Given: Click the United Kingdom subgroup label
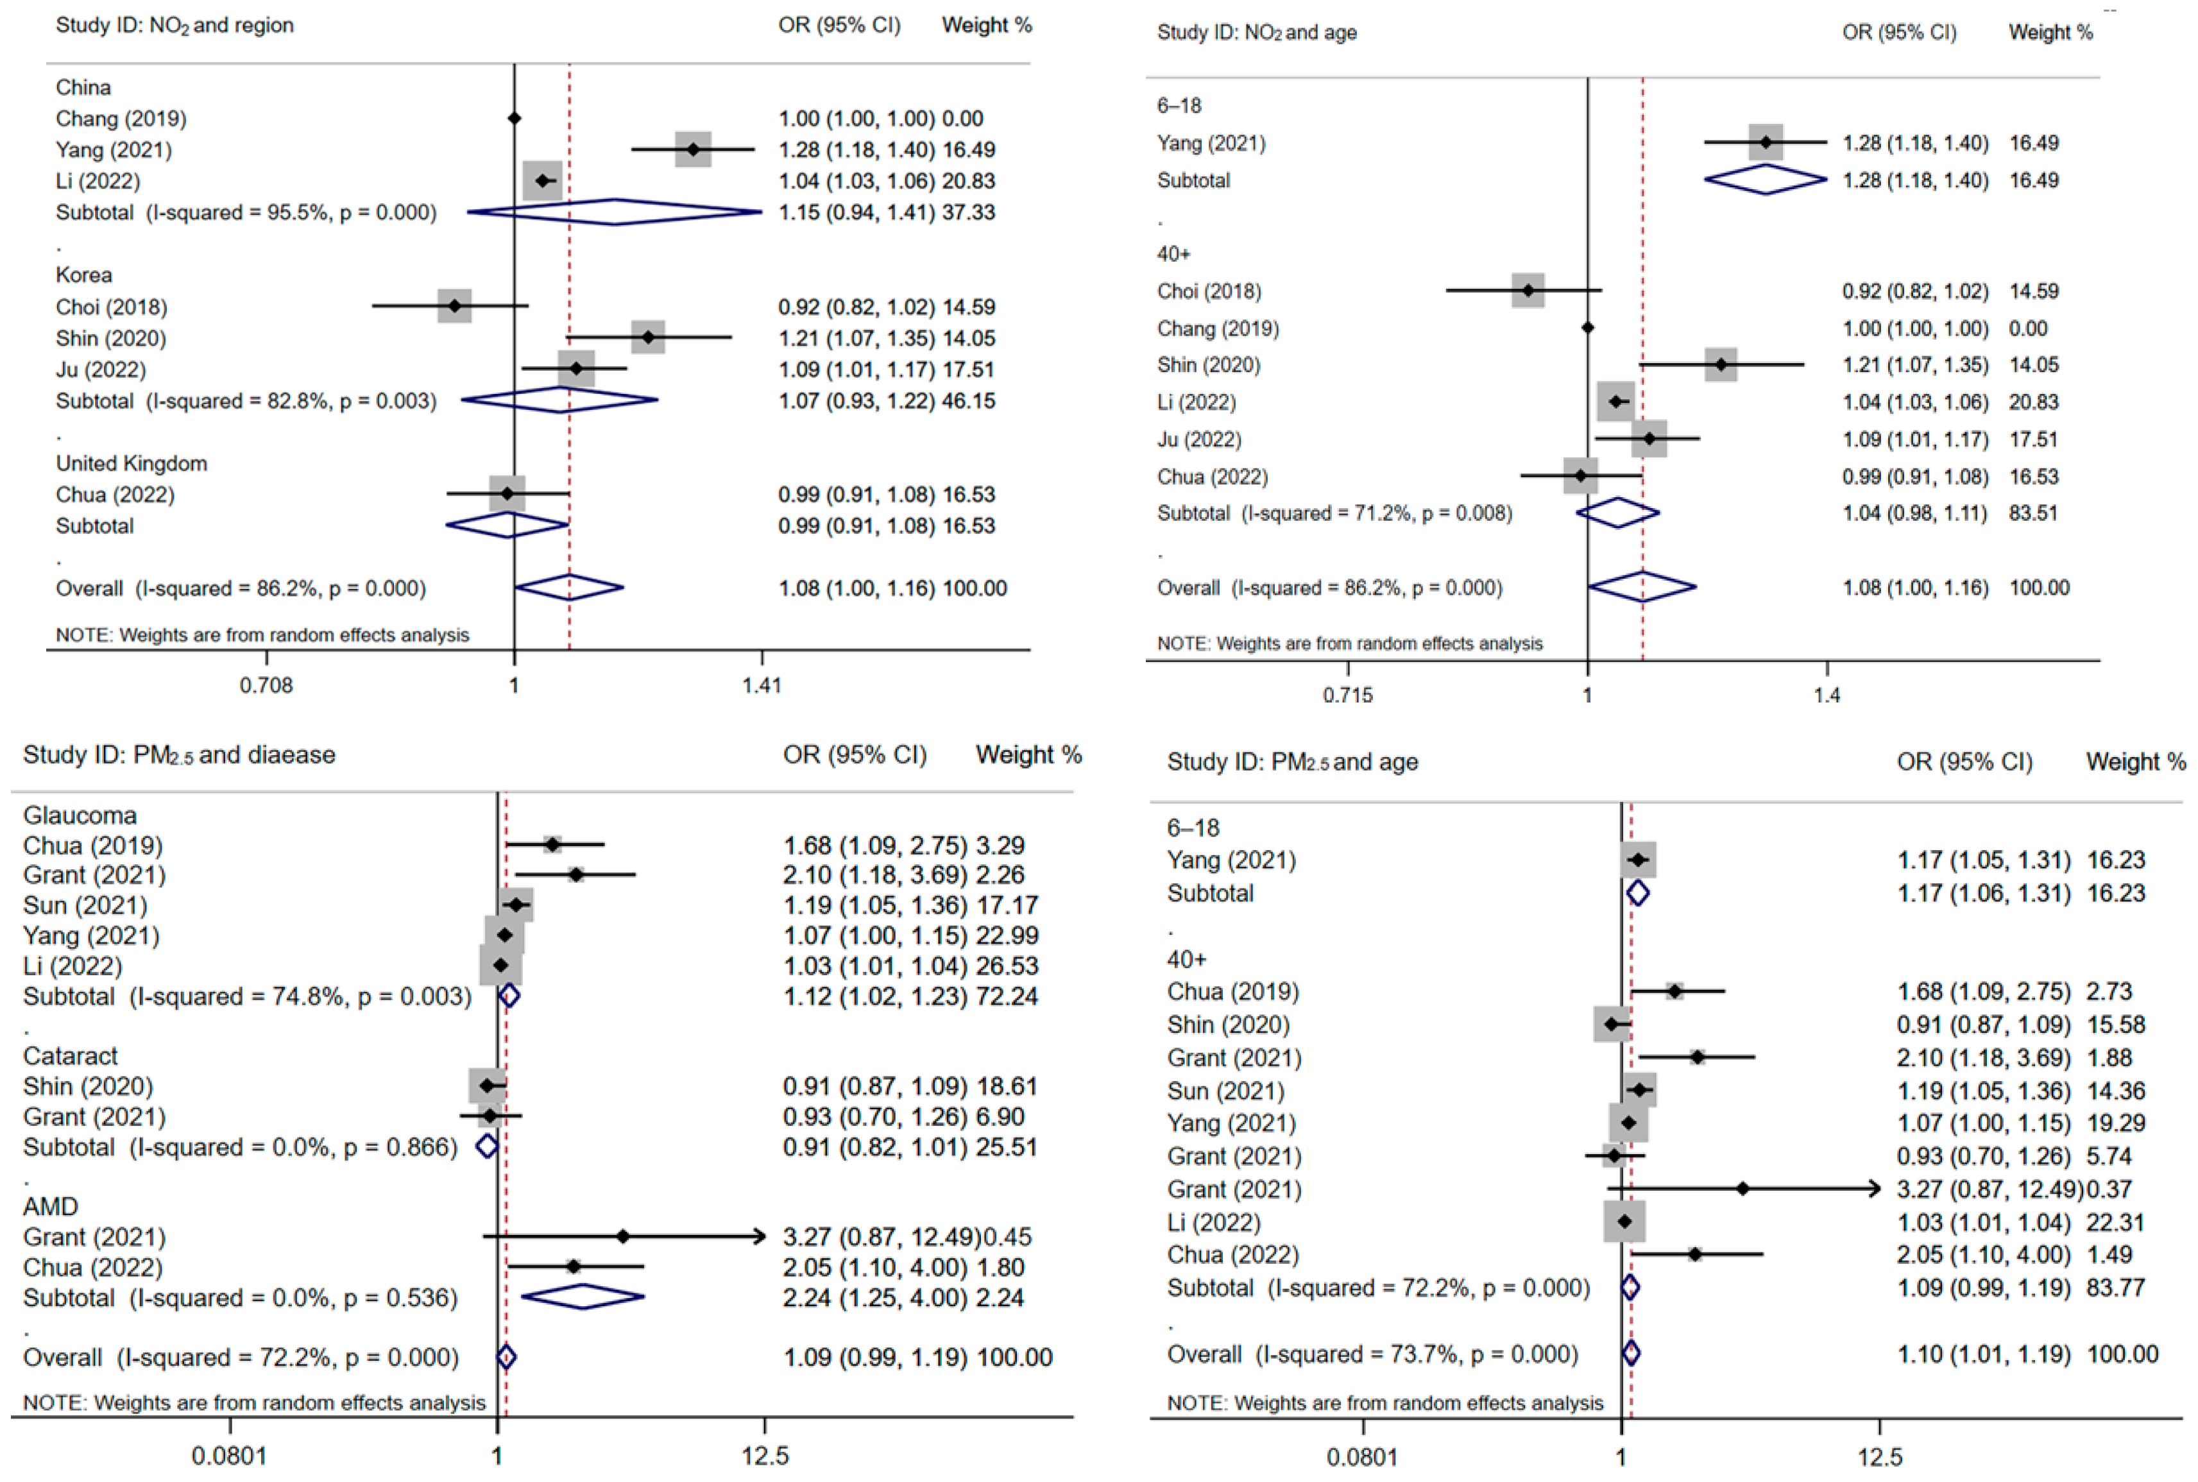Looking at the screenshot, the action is [132, 463].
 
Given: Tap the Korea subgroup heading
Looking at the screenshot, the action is [84, 275].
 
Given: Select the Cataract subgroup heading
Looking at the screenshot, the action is [71, 1056].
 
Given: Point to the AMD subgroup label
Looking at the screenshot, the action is [51, 1207].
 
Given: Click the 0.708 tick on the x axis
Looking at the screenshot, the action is [266, 685].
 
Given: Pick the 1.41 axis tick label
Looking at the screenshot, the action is [762, 685].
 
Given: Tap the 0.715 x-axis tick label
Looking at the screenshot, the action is [1347, 695].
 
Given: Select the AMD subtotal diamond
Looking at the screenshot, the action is [583, 1297].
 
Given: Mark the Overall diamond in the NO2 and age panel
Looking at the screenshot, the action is [1642, 587].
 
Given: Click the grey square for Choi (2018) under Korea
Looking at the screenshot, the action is [454, 306].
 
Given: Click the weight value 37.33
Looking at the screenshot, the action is [969, 212].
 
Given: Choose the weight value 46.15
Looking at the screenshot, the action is [969, 401].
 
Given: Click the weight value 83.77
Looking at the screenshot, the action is [2116, 1288].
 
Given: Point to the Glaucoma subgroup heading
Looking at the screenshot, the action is [80, 815].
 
